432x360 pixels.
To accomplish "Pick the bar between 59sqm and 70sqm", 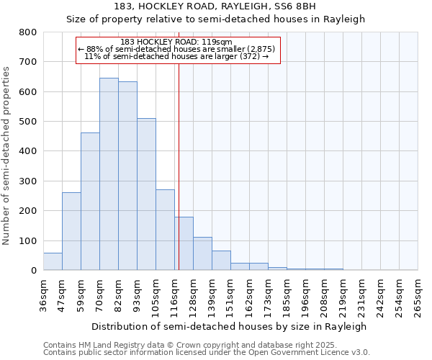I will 90,202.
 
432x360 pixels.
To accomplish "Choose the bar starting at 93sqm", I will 146,194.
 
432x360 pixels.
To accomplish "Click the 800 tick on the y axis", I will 28,32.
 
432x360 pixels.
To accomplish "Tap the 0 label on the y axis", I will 33,271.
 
